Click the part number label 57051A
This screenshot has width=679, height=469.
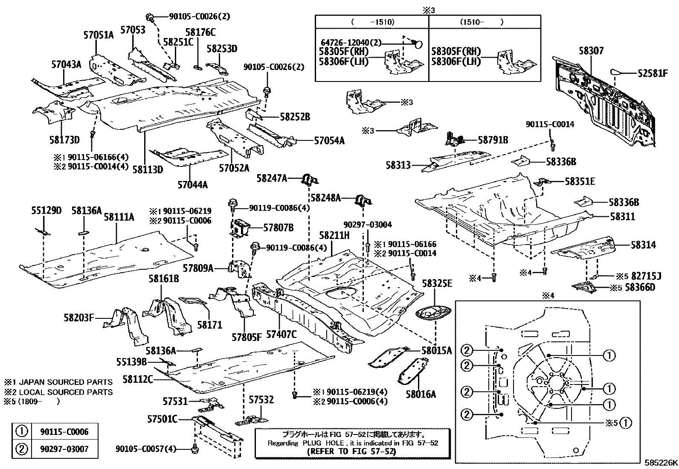pos(99,35)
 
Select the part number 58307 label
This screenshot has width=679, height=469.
pos(591,51)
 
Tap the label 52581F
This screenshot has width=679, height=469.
pos(653,73)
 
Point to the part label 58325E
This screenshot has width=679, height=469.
pos(437,283)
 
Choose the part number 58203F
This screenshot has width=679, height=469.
pos(79,318)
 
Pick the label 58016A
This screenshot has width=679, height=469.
pos(421,395)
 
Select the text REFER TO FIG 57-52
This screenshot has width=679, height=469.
pos(351,451)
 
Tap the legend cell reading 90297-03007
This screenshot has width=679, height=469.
pos(65,449)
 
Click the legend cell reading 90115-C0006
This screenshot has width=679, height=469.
pos(65,432)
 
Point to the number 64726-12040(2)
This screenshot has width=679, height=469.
pos(351,43)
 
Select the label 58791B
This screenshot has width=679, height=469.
pos(493,140)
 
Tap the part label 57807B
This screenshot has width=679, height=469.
pos(278,228)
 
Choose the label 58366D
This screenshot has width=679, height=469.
pos(640,287)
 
